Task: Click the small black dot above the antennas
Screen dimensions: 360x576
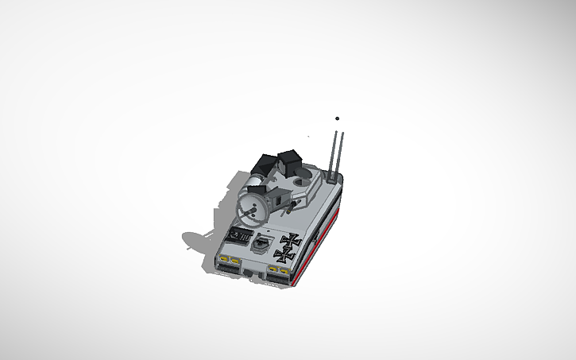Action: (337, 118)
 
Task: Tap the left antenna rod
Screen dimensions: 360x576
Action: (335, 149)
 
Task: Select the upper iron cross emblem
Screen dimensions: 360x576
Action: (292, 239)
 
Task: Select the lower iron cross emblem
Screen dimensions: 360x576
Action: (283, 254)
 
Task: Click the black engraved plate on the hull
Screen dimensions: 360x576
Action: (238, 235)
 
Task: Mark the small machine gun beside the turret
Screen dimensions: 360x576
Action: (294, 203)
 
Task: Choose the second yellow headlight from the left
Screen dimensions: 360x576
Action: (235, 261)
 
